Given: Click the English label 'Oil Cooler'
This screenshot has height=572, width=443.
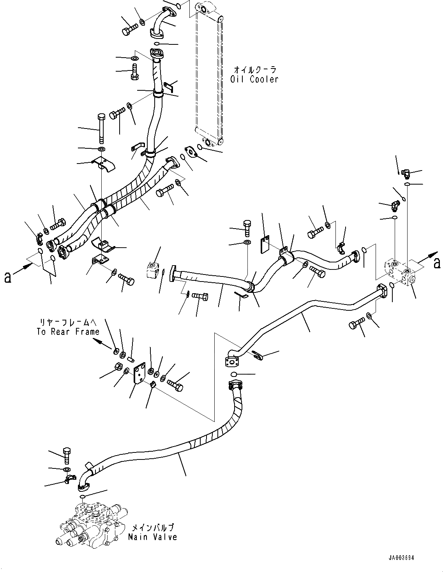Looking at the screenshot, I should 254,79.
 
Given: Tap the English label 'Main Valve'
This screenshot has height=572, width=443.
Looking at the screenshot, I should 153,537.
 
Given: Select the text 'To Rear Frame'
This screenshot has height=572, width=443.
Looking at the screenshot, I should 68,332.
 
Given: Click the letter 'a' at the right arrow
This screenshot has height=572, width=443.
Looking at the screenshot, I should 437,264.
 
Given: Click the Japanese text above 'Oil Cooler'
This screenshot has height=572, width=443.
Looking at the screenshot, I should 254,70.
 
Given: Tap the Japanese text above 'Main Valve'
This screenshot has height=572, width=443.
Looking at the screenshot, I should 152,528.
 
